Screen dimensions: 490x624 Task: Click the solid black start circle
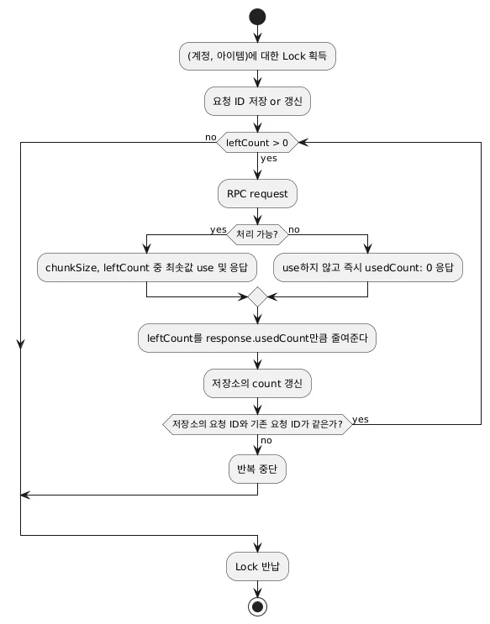point(257,17)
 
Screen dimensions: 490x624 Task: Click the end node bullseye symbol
point(257,606)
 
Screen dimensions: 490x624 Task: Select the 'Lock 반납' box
point(257,566)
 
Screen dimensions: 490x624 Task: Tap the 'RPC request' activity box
point(257,194)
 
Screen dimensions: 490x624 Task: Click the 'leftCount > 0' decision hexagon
point(257,143)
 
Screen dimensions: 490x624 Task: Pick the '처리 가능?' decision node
point(257,234)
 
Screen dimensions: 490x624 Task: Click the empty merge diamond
point(257,296)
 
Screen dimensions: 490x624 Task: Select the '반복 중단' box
point(257,469)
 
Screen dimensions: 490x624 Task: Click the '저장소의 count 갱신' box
point(257,383)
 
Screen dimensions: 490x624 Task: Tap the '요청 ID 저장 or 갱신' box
point(257,102)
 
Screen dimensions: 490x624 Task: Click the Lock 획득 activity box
point(257,56)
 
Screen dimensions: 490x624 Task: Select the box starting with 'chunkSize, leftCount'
point(146,267)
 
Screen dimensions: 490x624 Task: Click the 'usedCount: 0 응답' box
point(367,267)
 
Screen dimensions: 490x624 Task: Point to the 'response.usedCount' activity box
point(257,338)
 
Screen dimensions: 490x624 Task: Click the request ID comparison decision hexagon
point(257,424)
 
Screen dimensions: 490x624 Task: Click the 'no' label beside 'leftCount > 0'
point(211,137)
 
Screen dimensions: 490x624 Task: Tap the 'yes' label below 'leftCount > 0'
point(269,159)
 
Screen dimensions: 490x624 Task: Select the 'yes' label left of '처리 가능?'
point(219,229)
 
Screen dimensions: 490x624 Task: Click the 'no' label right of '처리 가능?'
point(294,229)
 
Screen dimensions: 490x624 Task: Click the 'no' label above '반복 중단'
point(266,440)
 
